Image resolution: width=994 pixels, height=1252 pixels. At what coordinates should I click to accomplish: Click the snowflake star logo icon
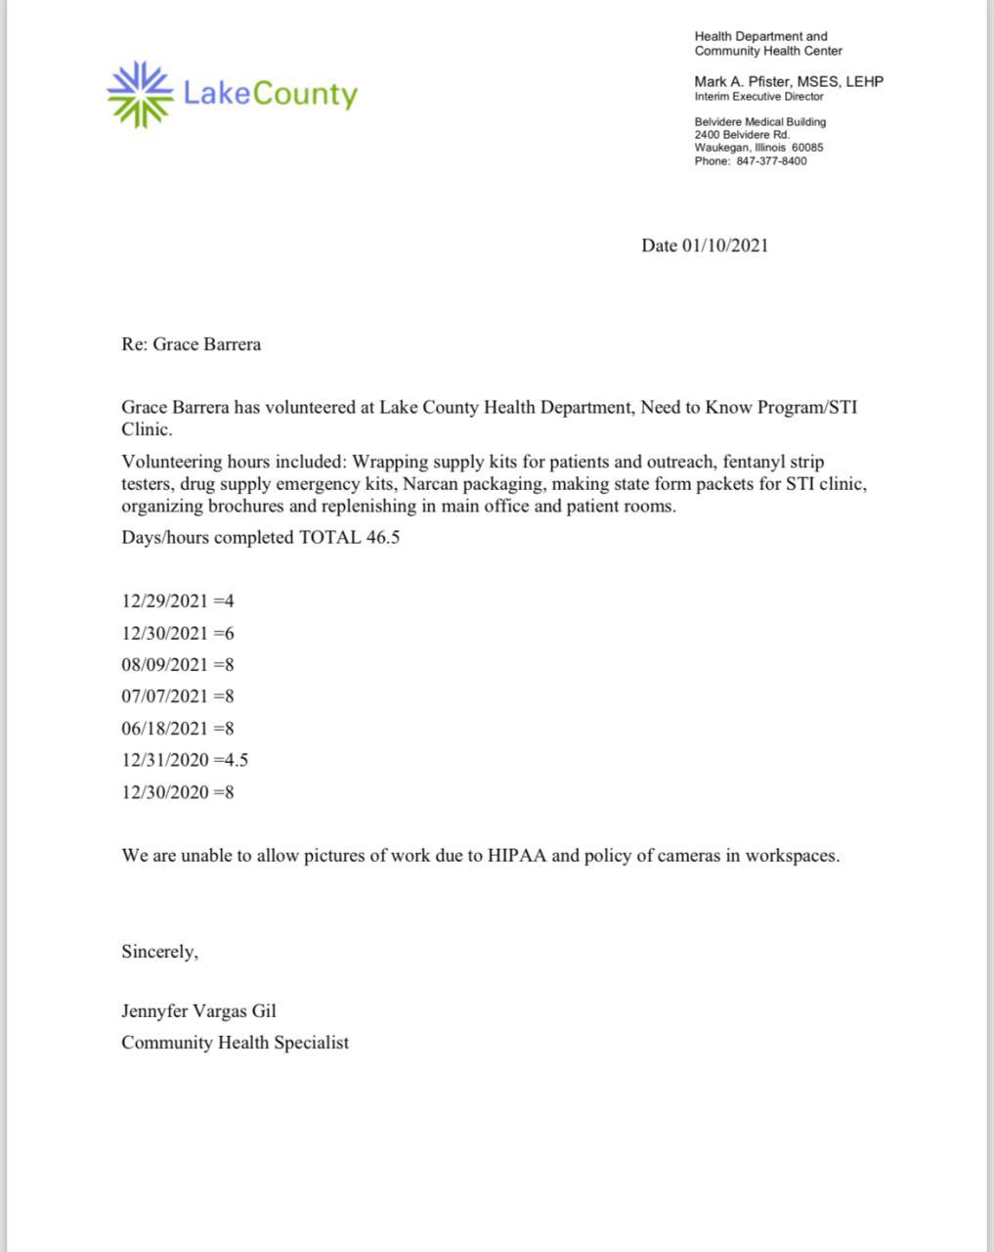(139, 94)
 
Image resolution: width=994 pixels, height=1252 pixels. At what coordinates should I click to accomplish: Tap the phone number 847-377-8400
(771, 161)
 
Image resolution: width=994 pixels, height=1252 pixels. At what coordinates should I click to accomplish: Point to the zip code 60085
(807, 148)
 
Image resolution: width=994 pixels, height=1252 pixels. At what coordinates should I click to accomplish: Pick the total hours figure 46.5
(382, 538)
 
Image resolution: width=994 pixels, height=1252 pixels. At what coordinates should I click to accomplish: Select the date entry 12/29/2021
(165, 602)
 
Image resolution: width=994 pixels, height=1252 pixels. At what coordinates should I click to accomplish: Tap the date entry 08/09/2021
(165, 665)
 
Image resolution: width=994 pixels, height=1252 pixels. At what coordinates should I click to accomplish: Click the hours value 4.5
(236, 760)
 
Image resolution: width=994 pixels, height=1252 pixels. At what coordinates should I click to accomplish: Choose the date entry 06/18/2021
(165, 729)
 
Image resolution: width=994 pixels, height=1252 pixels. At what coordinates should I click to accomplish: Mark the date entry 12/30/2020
(165, 792)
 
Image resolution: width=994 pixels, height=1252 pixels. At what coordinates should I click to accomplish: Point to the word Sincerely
(159, 952)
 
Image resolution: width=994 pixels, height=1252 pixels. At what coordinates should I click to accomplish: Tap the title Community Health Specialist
(235, 1043)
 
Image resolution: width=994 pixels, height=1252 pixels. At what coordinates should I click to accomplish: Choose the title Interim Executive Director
(758, 97)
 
